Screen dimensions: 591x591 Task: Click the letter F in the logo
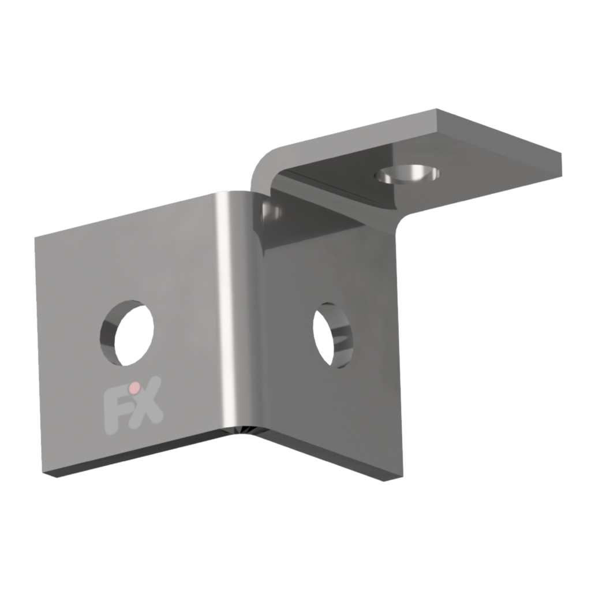pyautogui.click(x=114, y=406)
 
